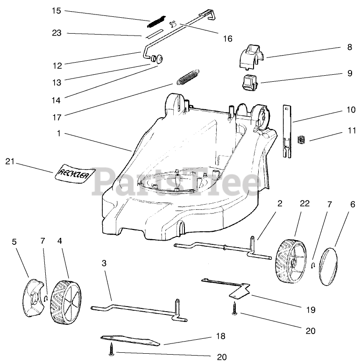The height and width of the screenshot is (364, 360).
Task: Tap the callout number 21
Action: [x=11, y=161]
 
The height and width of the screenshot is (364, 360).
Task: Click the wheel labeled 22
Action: [x=291, y=260]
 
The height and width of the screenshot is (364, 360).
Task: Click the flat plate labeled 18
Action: [x=131, y=340]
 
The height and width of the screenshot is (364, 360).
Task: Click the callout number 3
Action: [x=104, y=263]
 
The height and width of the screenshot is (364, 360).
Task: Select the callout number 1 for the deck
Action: [x=58, y=133]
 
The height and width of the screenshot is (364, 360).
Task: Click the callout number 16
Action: [x=227, y=38]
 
